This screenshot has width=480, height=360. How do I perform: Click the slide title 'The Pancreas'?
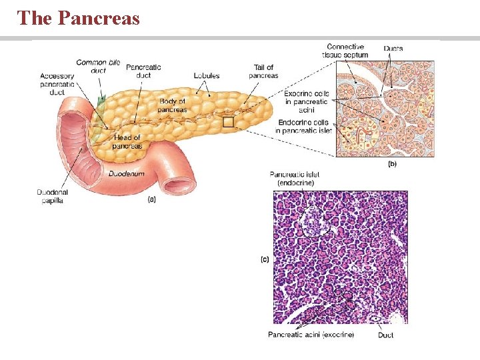(x=79, y=18)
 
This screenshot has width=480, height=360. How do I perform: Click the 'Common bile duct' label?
(x=98, y=66)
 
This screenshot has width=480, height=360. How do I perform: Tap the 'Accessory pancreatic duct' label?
(x=57, y=85)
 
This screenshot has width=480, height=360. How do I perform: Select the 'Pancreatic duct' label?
(x=143, y=71)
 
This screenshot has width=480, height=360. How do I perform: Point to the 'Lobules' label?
(x=206, y=76)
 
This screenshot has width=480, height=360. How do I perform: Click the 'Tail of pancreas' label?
(x=263, y=71)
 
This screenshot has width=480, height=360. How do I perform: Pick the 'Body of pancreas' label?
(x=172, y=105)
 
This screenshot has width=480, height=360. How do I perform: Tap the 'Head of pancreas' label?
(x=127, y=141)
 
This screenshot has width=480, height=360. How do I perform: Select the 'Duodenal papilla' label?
(x=53, y=197)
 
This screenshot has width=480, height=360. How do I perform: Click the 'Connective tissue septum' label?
(x=347, y=51)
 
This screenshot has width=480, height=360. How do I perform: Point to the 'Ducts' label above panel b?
(x=393, y=49)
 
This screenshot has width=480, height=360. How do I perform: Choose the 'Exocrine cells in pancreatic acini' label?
(x=306, y=102)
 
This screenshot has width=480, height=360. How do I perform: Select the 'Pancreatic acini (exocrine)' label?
(x=311, y=335)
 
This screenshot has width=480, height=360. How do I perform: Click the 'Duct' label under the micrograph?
(x=385, y=335)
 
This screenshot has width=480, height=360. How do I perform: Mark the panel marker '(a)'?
(x=152, y=198)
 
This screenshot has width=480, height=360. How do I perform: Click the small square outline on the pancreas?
(x=228, y=122)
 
